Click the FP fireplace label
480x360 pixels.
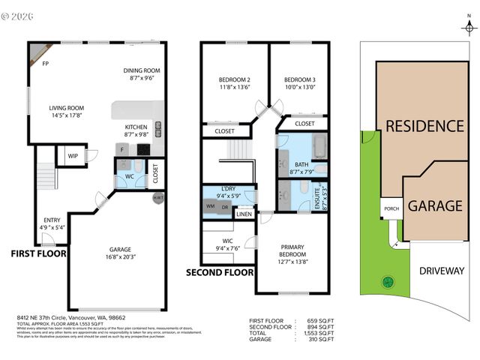tap(45, 64)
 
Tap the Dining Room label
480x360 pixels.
tap(142, 71)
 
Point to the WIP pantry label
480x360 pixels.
tap(73, 156)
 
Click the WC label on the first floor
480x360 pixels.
tap(129, 178)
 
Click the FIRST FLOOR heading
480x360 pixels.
tap(38, 253)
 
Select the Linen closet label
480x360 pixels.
tap(244, 214)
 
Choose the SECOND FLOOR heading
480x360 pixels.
tap(220, 272)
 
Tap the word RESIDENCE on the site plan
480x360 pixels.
tap(424, 125)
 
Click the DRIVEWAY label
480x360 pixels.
tap(442, 271)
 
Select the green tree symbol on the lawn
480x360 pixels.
tap(388, 282)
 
